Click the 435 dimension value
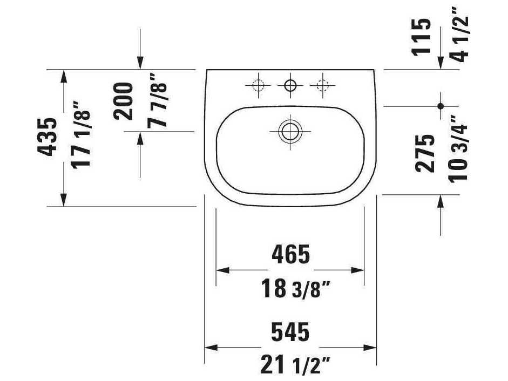pyautogui.click(x=48, y=137)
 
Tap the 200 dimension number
pyautogui.click(x=124, y=101)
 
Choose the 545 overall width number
pyautogui.click(x=290, y=332)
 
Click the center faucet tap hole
pyautogui.click(x=290, y=85)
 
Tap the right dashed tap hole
pyautogui.click(x=323, y=85)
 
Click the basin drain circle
pyautogui.click(x=290, y=131)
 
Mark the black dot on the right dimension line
pyautogui.click(x=441, y=106)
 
